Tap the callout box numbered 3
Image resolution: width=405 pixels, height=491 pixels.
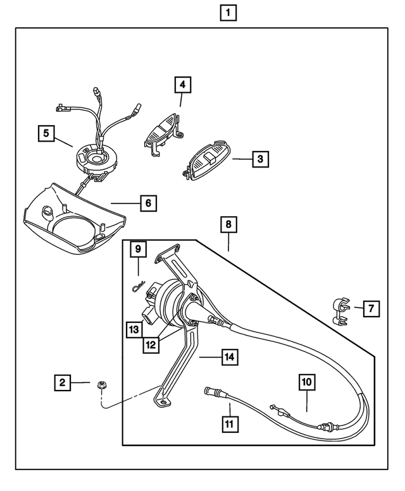259,159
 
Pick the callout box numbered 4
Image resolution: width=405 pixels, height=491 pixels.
182,85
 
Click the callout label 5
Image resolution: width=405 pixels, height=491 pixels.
46,133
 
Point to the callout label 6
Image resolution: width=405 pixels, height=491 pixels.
147,203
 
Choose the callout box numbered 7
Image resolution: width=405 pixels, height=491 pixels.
371,308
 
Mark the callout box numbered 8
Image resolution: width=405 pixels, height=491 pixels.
229,224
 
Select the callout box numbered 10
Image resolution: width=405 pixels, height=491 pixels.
307,382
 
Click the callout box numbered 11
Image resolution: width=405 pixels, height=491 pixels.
230,423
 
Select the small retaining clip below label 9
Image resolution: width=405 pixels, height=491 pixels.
139,288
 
